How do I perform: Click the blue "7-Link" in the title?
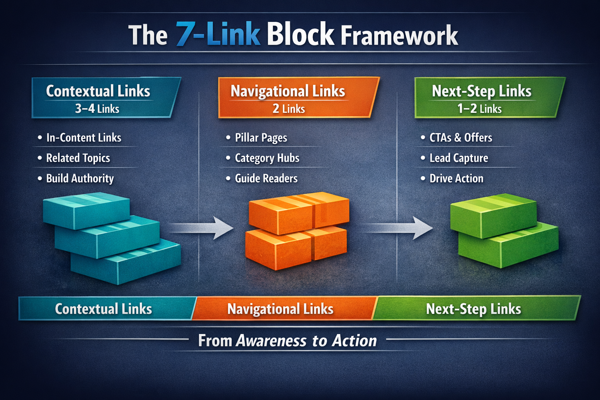tap(218, 34)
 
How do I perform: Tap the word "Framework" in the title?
tap(399, 36)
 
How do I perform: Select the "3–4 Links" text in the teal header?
tap(97, 109)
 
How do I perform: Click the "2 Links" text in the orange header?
tap(289, 109)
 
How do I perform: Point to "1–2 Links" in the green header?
tap(479, 109)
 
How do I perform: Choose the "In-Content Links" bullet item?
tap(84, 137)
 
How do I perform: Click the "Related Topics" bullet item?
tap(78, 158)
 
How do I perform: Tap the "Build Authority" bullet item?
tap(80, 178)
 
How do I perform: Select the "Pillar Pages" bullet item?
tap(261, 137)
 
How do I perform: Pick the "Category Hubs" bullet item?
tap(267, 158)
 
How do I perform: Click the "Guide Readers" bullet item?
tap(266, 178)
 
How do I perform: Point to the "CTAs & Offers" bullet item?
tap(461, 137)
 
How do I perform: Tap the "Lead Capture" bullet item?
tap(459, 158)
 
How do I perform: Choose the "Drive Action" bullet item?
tap(456, 178)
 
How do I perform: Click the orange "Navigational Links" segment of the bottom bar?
tap(280, 309)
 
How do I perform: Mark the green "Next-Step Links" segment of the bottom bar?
tap(473, 309)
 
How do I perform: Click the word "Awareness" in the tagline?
tap(271, 341)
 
